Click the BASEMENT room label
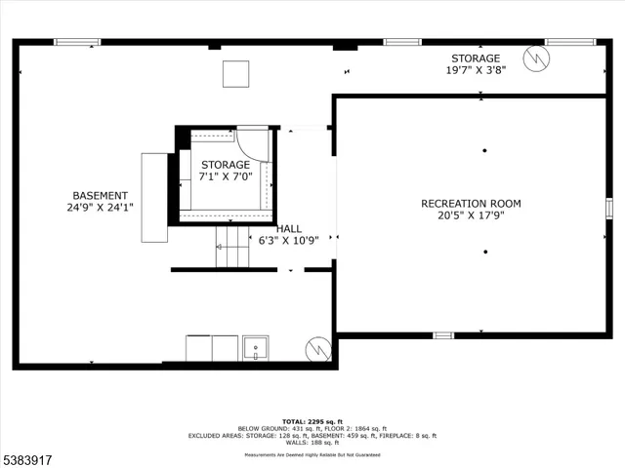100,195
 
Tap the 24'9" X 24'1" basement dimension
100,208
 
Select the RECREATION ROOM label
471,204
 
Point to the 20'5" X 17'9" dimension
471,216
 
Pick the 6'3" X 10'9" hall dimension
288,240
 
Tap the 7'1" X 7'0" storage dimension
226,177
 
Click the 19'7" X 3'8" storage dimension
475,71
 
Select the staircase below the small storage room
232,249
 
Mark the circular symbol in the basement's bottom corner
317,348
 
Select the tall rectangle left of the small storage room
154,197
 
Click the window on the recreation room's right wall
608,208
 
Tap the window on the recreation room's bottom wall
443,335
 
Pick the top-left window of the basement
77,42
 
